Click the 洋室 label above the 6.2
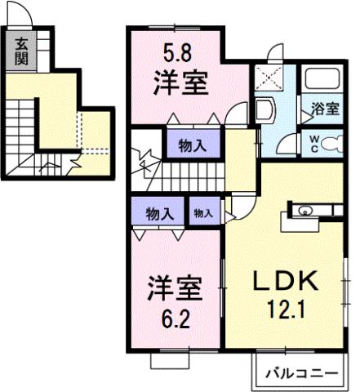(x=173, y=289)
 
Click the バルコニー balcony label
(x=302, y=373)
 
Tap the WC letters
(x=313, y=144)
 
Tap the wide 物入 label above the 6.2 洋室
(x=159, y=214)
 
